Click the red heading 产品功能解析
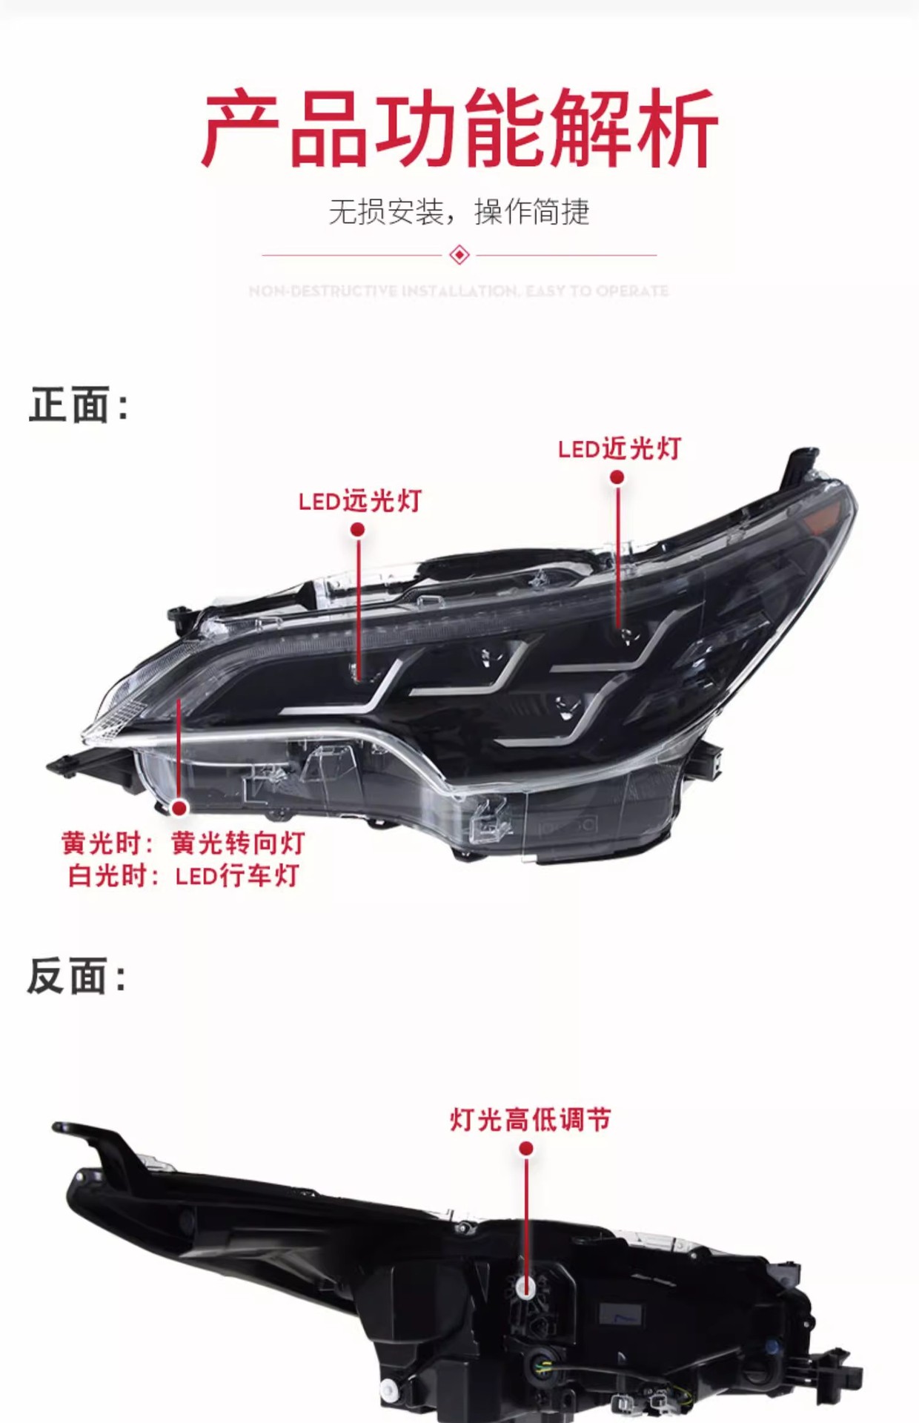click(459, 127)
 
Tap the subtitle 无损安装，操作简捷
click(459, 212)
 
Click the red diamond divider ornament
click(459, 255)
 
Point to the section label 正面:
click(79, 405)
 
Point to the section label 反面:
click(77, 976)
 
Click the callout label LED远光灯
click(359, 502)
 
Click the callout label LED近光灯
click(619, 449)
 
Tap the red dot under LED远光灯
click(357, 529)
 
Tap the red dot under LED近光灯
click(617, 477)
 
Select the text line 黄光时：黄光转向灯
click(183, 843)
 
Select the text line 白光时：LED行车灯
click(183, 876)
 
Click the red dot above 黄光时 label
click(179, 807)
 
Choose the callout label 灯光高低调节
click(530, 1119)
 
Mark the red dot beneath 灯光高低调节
click(526, 1148)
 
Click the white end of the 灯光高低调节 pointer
click(526, 1288)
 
